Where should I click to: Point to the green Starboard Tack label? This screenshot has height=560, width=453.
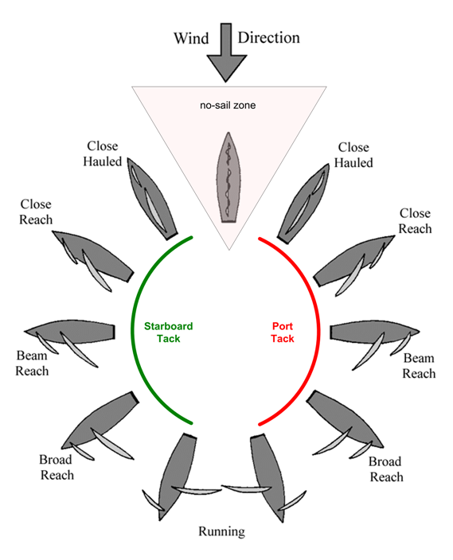click(168, 332)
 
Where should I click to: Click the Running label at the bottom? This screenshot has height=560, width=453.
click(222, 531)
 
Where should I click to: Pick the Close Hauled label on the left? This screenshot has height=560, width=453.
click(103, 154)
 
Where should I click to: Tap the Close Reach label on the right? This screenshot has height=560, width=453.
click(414, 221)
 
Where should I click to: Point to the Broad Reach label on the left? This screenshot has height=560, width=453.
click(57, 468)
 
